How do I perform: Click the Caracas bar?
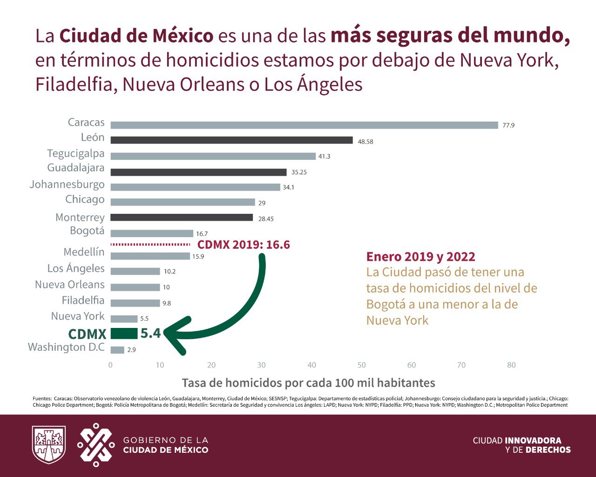pyautogui.click(x=304, y=125)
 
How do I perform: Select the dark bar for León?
pyautogui.click(x=231, y=140)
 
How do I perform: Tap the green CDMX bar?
pyautogui.click(x=124, y=334)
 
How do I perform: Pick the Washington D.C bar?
pyautogui.click(x=117, y=350)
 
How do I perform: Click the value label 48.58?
pyautogui.click(x=366, y=142)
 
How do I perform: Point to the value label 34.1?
pyautogui.click(x=288, y=187)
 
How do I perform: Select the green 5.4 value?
pyautogui.click(x=151, y=333)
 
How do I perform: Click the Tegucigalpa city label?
pyautogui.click(x=75, y=154)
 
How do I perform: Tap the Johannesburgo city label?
pyautogui.click(x=67, y=185)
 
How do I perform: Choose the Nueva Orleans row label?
pyautogui.click(x=70, y=285)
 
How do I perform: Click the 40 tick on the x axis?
pyautogui.click(x=312, y=365)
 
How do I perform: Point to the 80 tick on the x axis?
pyautogui.click(x=511, y=365)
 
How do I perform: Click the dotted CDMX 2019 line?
pyautogui.click(x=150, y=245)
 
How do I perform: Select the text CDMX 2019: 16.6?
pyautogui.click(x=244, y=245)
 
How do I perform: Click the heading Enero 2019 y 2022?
pyautogui.click(x=420, y=257)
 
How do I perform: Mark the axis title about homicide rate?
pyautogui.click(x=309, y=383)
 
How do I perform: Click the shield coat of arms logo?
pyautogui.click(x=49, y=444)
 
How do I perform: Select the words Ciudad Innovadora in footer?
pyautogui.click(x=517, y=440)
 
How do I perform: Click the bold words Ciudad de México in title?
pyautogui.click(x=136, y=36)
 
